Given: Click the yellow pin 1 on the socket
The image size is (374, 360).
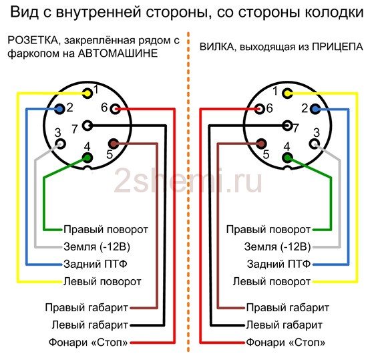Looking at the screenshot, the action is (87, 94).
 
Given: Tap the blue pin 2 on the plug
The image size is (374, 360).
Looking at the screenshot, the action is (315, 110).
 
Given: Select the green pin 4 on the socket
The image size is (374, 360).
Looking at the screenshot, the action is (87, 158).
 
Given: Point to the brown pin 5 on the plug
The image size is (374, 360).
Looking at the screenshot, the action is (261, 144).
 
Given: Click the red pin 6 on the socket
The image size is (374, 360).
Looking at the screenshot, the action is (116, 110).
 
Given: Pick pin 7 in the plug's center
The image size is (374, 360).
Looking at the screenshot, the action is (287, 126).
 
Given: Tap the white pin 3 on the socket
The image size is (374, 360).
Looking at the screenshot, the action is (60, 144).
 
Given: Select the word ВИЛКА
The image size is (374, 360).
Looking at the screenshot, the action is (217, 47).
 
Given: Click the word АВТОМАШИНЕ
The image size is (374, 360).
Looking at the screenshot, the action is (118, 53).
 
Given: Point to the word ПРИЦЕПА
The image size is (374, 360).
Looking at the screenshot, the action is (337, 47).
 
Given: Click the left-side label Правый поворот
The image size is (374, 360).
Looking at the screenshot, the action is (106, 230).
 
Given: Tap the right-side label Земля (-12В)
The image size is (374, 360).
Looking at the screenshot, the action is (277, 247).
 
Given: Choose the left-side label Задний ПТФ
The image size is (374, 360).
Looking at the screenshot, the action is (96, 264).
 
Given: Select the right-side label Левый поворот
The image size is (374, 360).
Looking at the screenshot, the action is (272, 282).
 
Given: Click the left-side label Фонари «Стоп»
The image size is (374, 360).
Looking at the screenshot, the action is (88, 343).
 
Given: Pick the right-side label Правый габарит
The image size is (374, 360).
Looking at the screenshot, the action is (288, 308).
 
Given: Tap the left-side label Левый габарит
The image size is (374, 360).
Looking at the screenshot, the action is (90, 325).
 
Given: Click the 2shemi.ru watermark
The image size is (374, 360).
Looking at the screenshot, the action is (188, 180).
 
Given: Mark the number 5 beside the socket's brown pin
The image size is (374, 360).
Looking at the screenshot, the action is (110, 154).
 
